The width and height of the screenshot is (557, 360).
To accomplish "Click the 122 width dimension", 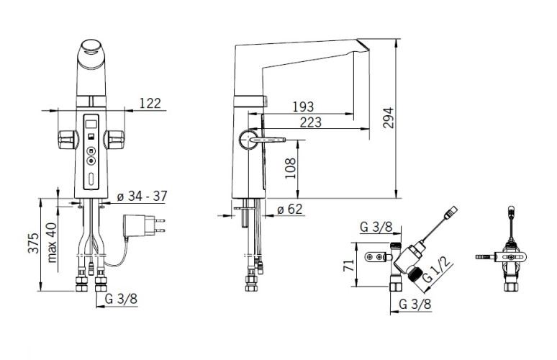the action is [x=150, y=103].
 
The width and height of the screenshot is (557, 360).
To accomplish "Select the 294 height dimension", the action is [x=388, y=117].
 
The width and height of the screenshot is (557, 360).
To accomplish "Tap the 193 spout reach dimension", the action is [x=303, y=107].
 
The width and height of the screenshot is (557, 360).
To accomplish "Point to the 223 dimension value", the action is [x=310, y=122].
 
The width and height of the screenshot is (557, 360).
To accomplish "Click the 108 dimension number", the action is [x=290, y=168].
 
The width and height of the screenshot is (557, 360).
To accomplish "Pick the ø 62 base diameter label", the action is [x=289, y=209].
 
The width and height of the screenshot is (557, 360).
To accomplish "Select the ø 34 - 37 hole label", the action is [x=142, y=196].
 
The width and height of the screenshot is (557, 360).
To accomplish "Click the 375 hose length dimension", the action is [x=33, y=243].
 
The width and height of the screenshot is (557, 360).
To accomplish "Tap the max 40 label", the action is [x=53, y=243].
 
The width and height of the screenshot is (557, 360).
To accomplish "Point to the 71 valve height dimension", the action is [x=349, y=265].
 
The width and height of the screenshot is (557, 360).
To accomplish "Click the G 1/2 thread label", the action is [x=438, y=270].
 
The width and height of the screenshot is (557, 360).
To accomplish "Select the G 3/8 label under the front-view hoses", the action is [x=121, y=300].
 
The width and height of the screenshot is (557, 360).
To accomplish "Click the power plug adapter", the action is [x=144, y=225].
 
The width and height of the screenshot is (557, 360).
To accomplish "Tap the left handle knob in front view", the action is [x=68, y=139].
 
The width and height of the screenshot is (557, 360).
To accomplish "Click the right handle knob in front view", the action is [x=114, y=139].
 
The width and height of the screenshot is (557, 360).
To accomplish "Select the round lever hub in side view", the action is [x=248, y=140].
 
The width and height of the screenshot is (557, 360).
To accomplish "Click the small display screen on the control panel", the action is [x=91, y=124].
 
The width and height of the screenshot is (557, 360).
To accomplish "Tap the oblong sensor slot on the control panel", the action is [x=91, y=179].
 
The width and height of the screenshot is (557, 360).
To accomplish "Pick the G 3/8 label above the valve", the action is [x=376, y=227].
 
